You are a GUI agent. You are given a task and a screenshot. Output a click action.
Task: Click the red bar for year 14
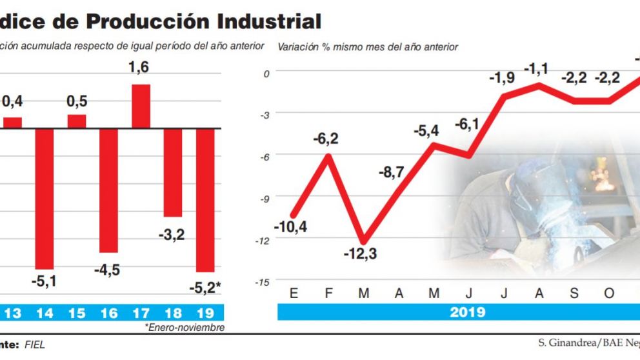tap(45, 199)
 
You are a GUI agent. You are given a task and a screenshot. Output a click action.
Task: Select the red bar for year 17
tap(141, 106)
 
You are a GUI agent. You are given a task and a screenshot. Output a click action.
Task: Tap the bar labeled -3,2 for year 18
tap(172, 172)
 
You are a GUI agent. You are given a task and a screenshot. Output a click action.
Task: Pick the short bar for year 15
tap(77, 121)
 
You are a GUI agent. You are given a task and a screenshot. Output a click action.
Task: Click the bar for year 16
tap(108, 190)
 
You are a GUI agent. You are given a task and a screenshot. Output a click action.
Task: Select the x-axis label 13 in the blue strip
tap(12, 314)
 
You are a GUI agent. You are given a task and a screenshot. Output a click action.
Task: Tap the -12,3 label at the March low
tap(360, 254)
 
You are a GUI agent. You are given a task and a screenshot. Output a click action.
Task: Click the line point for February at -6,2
tap(329, 155)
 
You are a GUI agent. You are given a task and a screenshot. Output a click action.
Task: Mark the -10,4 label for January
tap(290, 227)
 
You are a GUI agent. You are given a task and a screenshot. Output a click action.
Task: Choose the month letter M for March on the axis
tap(364, 294)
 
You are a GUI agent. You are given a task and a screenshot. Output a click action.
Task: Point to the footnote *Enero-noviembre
tap(185, 328)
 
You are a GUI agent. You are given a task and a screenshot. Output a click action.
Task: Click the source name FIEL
tap(35, 345)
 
